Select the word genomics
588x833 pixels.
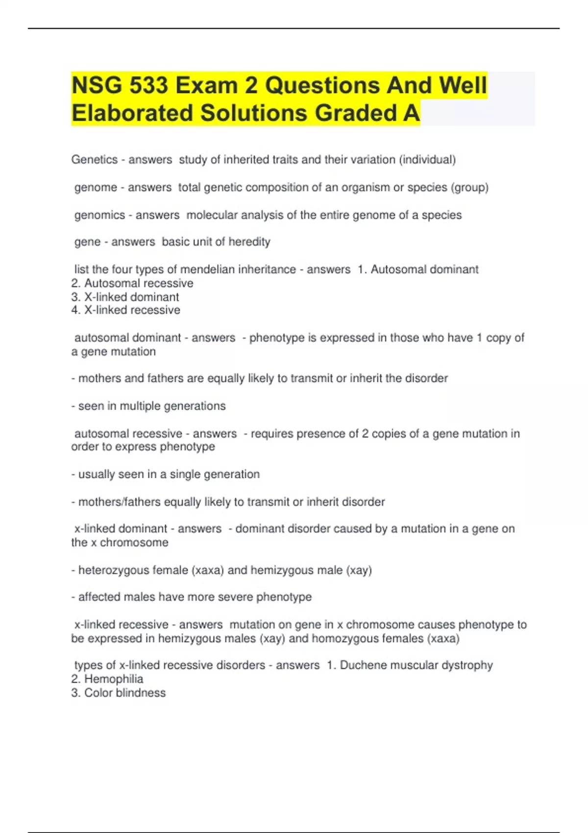click(x=100, y=215)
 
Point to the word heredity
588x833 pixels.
click(x=249, y=242)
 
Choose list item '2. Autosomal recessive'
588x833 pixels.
click(x=132, y=283)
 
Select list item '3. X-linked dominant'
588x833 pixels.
click(x=125, y=297)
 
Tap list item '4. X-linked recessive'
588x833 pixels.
click(x=126, y=310)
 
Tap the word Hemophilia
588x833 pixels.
click(x=114, y=679)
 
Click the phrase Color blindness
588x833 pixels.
click(x=125, y=693)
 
